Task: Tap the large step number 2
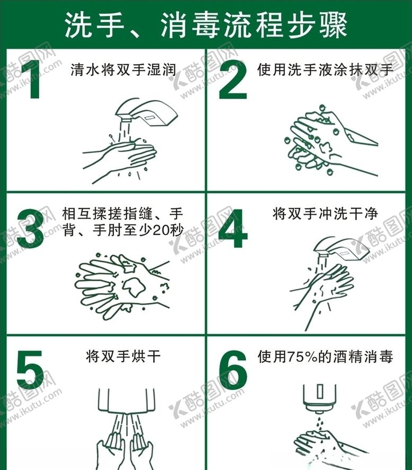(233, 80)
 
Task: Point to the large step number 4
(233, 228)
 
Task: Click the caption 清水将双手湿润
(123, 70)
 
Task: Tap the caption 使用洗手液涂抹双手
(325, 70)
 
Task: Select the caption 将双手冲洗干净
(326, 214)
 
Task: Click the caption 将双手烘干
(123, 356)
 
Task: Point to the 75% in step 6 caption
(303, 357)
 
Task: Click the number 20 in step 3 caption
(161, 230)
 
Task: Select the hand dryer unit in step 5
(127, 400)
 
